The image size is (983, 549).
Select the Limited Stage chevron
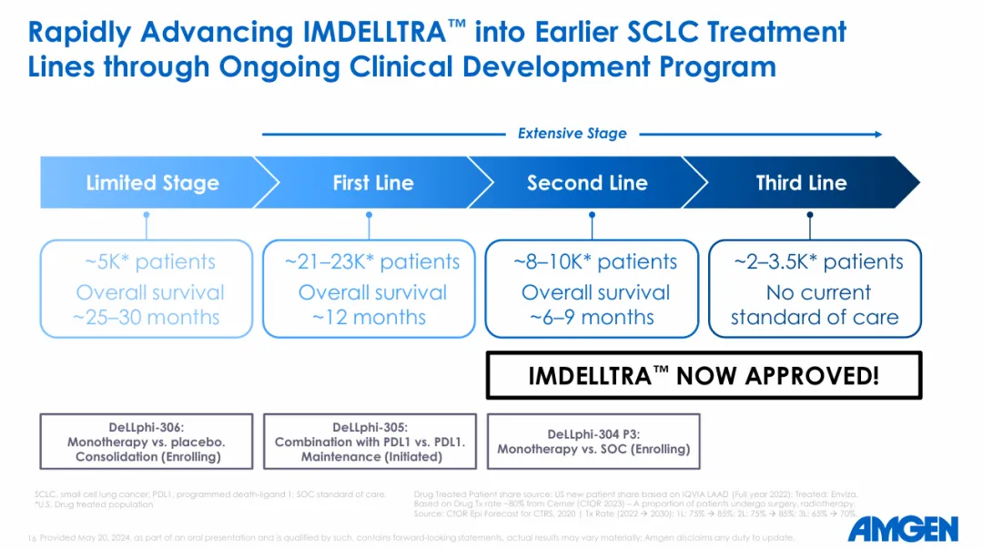[x=152, y=183]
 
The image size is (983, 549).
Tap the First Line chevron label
[x=372, y=183]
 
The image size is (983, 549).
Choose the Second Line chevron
[x=587, y=183]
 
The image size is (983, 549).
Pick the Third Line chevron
[x=801, y=183]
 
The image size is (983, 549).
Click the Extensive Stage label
[x=572, y=134]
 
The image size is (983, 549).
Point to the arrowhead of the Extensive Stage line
[x=877, y=134]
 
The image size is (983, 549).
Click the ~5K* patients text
[x=150, y=262]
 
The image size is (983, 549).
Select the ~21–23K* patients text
[x=372, y=262]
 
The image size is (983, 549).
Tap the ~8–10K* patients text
[x=595, y=262]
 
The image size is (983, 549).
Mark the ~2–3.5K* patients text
[x=818, y=262]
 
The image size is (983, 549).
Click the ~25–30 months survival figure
[x=147, y=318]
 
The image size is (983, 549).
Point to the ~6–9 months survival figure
[x=592, y=318]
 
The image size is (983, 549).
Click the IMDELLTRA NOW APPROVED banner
[x=704, y=375]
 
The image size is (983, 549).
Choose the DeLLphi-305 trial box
[x=370, y=442]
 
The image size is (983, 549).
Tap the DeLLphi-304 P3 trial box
[x=593, y=442]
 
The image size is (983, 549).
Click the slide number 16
[x=32, y=538]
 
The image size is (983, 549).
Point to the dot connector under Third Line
[x=810, y=216]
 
